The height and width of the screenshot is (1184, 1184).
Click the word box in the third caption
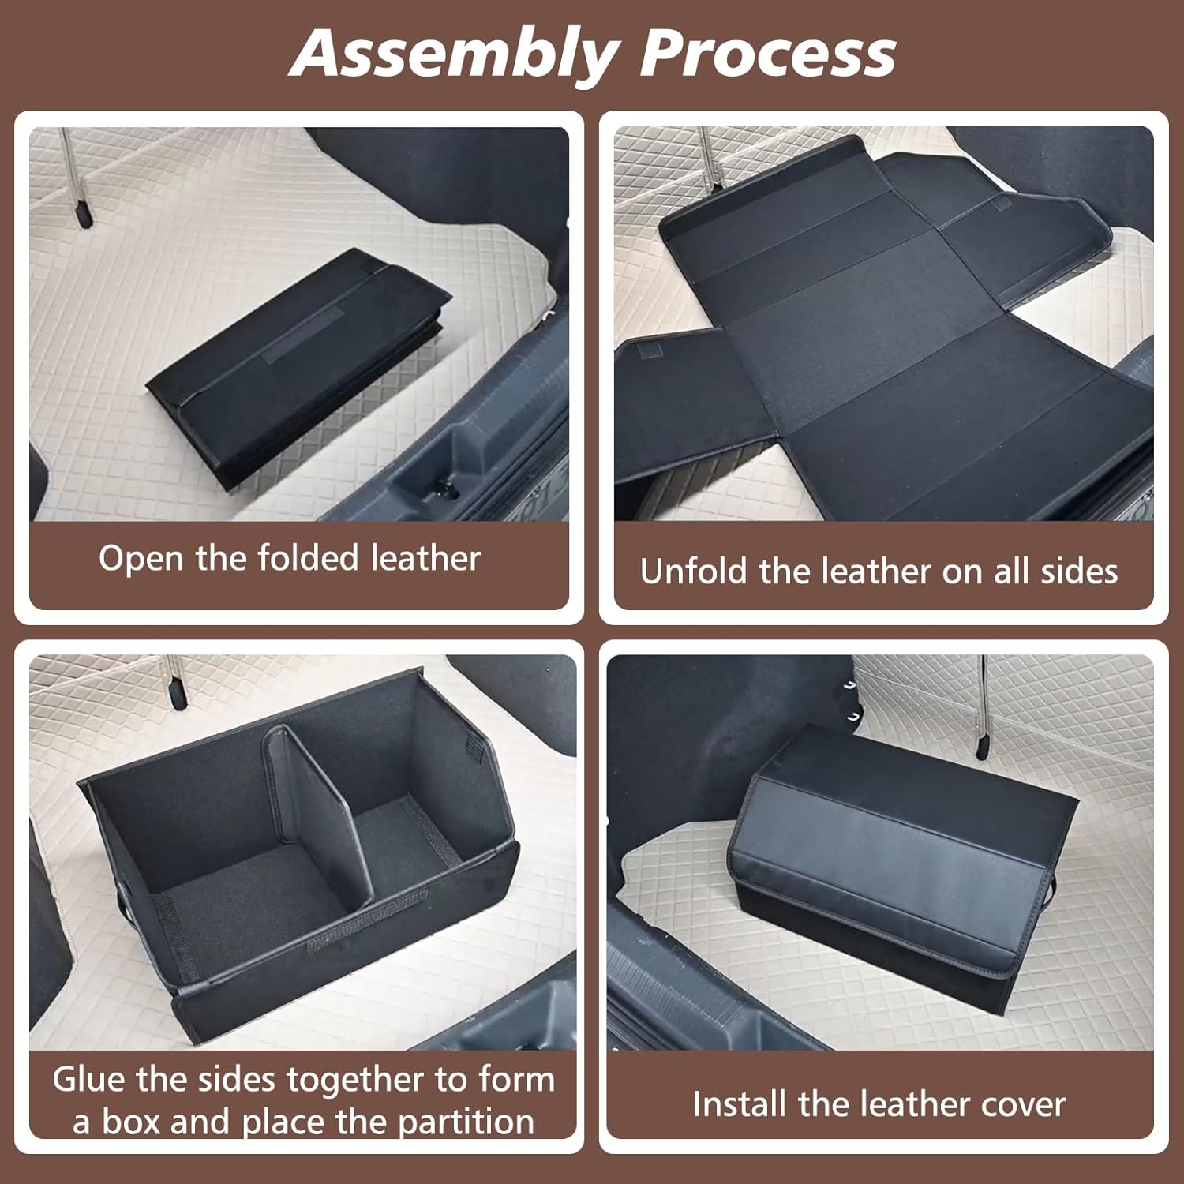coord(130,1122)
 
